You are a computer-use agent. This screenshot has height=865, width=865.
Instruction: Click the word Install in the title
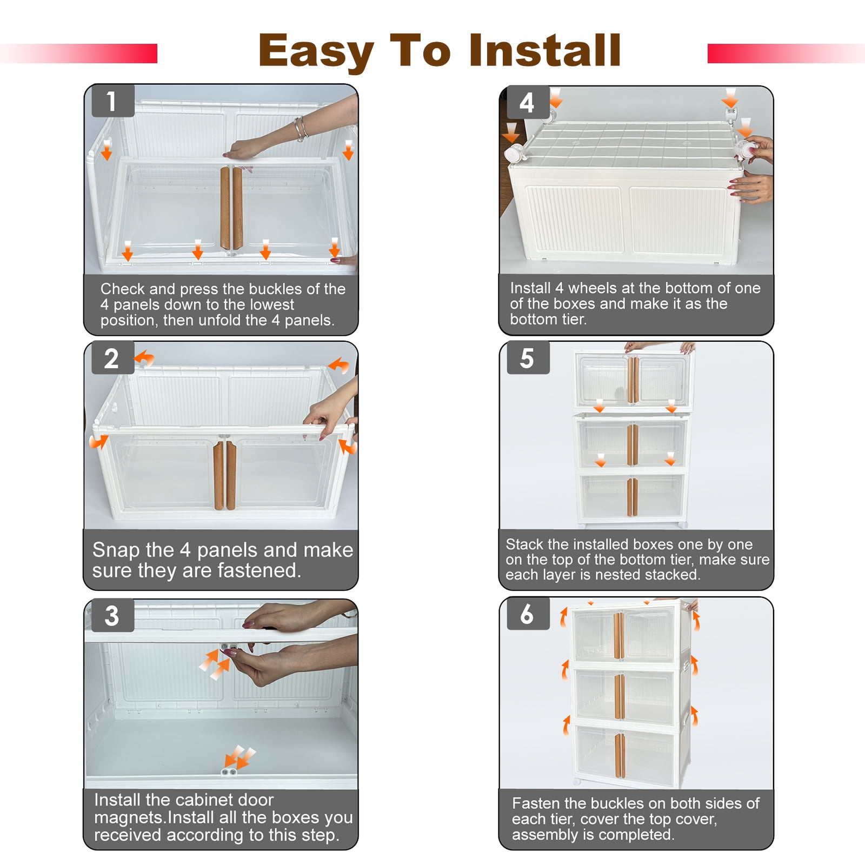point(545,50)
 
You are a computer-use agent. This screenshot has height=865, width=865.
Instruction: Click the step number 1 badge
point(112,101)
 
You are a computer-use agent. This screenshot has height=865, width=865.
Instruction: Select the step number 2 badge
point(112,358)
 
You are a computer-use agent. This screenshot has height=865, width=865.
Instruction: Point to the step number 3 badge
point(112,615)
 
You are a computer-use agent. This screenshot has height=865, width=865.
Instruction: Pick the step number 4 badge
point(528,102)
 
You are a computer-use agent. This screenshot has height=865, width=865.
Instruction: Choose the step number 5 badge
point(528,358)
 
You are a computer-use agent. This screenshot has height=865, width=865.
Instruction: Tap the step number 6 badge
point(528,614)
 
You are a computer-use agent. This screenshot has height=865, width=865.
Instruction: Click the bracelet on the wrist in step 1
point(301,129)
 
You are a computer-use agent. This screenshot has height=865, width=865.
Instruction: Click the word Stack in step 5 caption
point(525,544)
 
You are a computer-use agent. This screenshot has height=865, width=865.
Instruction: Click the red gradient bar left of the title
point(79,54)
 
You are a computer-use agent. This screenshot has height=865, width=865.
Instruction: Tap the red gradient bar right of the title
point(786,54)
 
